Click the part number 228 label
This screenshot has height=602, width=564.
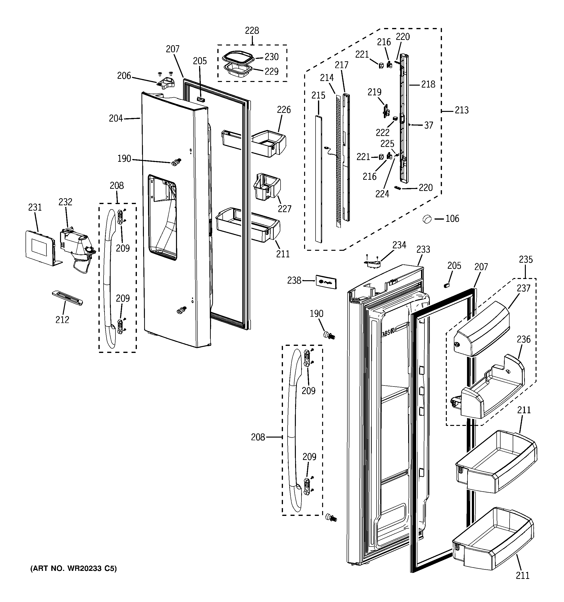point(252,31)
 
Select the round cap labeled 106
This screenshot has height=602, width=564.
point(427,219)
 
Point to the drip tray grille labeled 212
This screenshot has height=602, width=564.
point(67,298)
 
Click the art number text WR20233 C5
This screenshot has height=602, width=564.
point(73,569)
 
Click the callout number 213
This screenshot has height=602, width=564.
point(461,110)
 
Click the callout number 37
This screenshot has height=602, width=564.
point(428,125)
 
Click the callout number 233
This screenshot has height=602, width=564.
point(423,249)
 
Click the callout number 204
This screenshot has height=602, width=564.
point(116,118)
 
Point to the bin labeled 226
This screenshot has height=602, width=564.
point(269,142)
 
